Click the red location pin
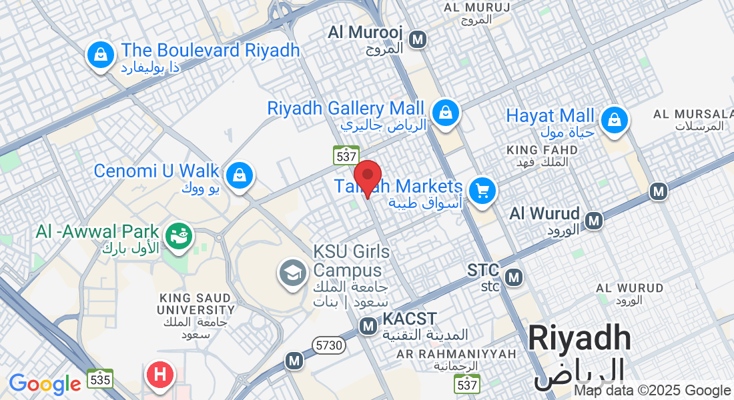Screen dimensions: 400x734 [x=367, y=177]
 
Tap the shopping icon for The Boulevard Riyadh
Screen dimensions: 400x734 [x=99, y=55]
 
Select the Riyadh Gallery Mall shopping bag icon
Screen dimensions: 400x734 [x=445, y=112]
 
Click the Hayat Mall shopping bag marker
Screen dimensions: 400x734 [x=612, y=120]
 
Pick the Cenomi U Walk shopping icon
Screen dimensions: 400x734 [x=238, y=175]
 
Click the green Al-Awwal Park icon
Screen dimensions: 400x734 [x=178, y=235]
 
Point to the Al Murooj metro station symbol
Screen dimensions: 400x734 [x=418, y=40]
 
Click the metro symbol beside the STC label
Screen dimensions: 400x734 [x=514, y=276]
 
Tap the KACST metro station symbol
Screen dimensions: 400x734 [x=368, y=326]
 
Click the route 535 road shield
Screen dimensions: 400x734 [x=99, y=379]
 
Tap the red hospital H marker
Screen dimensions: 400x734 [x=159, y=373]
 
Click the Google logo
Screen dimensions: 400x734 [x=45, y=384]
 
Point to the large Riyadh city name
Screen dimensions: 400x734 [x=579, y=338]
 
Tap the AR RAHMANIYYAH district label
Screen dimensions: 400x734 [x=457, y=353]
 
